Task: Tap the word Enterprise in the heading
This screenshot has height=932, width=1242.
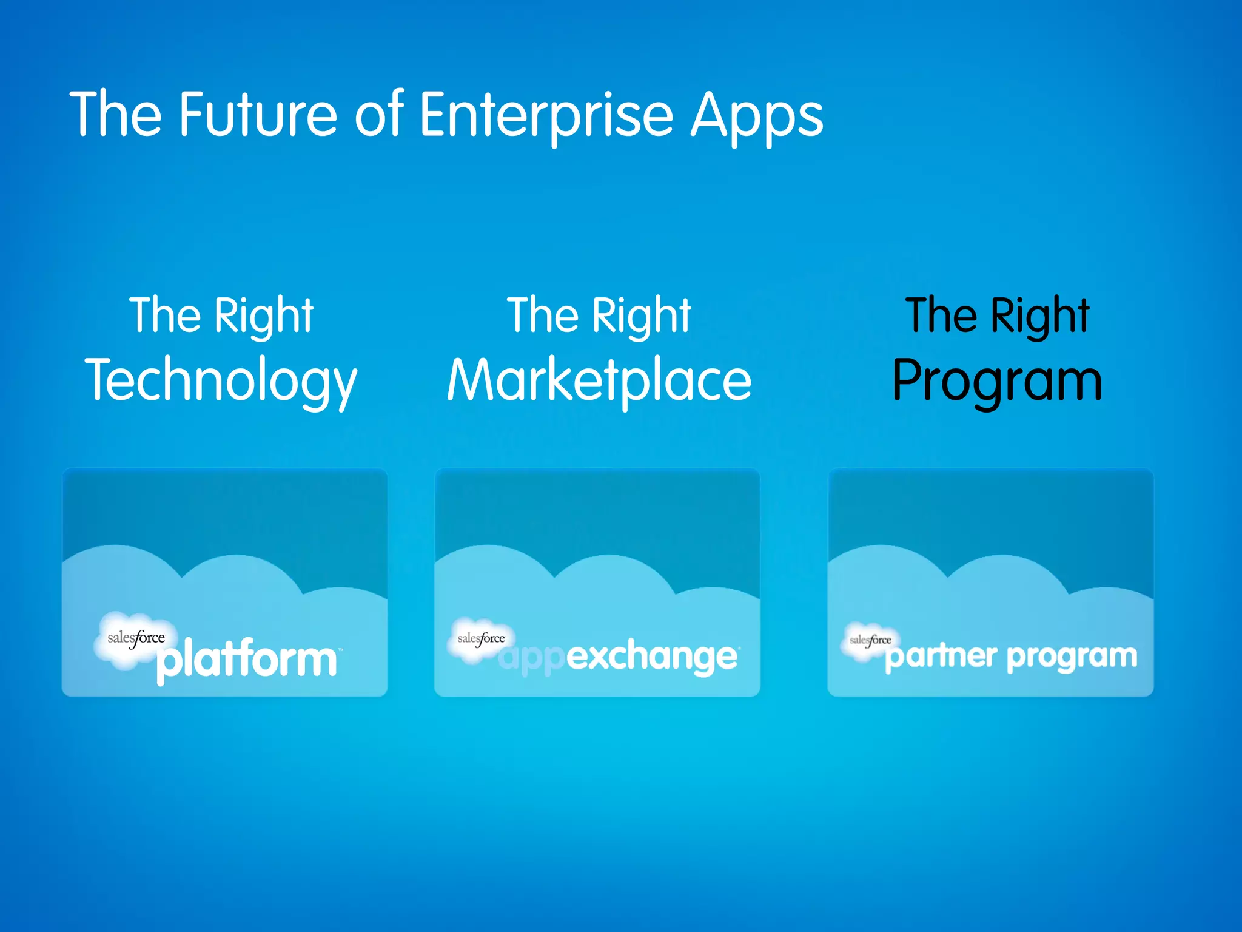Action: [546, 115]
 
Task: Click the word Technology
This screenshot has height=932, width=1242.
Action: [221, 381]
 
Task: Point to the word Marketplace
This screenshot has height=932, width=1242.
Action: [599, 381]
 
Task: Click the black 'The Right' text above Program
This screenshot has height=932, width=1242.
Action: [998, 316]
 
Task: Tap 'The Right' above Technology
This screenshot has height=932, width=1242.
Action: [221, 316]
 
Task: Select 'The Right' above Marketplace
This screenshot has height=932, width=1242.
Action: [599, 316]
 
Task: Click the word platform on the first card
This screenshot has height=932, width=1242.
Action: [246, 660]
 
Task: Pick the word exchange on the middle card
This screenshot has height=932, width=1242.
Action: [653, 657]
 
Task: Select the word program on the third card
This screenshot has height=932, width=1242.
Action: [1072, 657]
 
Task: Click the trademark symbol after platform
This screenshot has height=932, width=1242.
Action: [340, 650]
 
